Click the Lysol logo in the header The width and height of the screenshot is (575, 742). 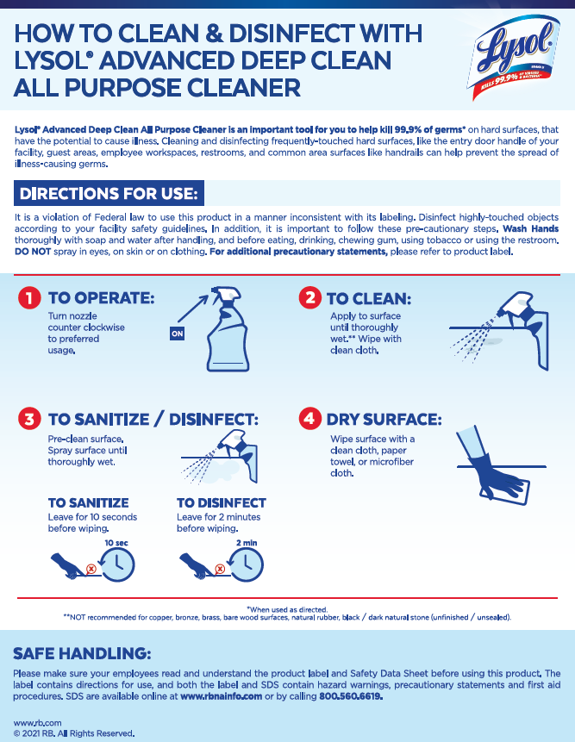tap(514, 57)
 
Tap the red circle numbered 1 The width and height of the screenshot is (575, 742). tap(29, 297)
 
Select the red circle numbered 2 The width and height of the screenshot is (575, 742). tap(310, 297)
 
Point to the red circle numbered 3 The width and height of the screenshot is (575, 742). tap(29, 419)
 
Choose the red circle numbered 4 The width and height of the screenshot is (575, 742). tap(310, 419)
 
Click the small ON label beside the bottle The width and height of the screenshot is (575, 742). tap(177, 334)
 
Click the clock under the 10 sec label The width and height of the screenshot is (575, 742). tap(118, 564)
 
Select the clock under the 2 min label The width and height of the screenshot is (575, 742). tap(246, 564)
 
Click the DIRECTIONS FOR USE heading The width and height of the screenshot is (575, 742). tap(109, 194)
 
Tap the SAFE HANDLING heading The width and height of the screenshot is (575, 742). tap(82, 653)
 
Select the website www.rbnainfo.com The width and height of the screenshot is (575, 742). tap(221, 696)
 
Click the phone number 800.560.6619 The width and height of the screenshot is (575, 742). tap(351, 696)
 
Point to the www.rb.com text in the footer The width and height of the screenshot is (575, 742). tap(37, 722)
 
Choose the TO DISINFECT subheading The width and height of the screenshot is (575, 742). tap(222, 502)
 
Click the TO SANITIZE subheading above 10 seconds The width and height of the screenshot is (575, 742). tap(89, 502)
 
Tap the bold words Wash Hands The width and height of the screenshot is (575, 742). tap(530, 228)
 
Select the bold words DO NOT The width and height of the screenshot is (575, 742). tap(33, 252)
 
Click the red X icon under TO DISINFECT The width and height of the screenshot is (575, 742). tap(220, 569)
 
